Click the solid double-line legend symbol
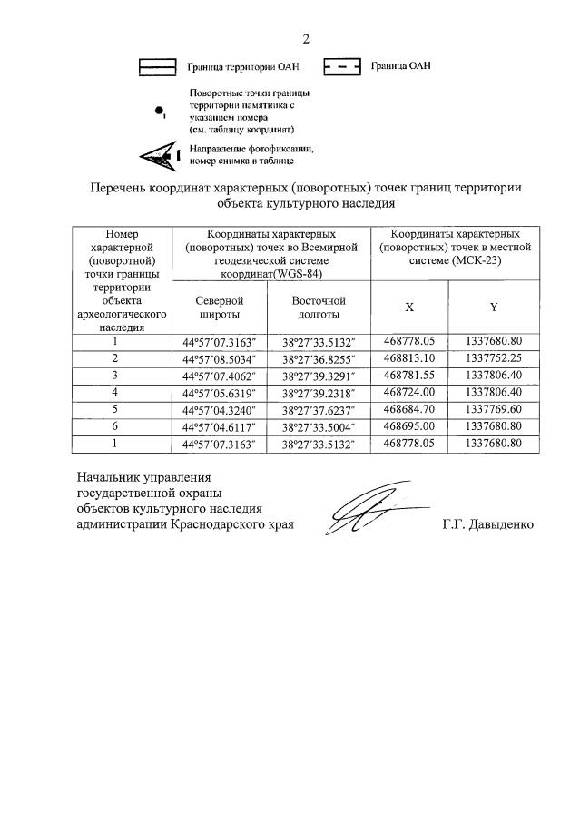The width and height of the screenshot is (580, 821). click(156, 66)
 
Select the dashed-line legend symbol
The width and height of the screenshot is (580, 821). click(342, 66)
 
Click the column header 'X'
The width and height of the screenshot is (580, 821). click(409, 308)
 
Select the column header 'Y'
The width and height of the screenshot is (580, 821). click(493, 308)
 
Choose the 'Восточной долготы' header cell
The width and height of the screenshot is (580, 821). click(316, 308)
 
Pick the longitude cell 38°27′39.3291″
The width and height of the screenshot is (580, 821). click(316, 376)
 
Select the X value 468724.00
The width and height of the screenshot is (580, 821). click(409, 393)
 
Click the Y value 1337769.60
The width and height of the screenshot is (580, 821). click(493, 410)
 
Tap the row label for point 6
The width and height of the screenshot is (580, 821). click(115, 426)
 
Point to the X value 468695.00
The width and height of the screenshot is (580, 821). click(409, 426)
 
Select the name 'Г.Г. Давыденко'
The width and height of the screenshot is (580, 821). click(488, 525)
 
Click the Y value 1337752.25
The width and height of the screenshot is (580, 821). click(493, 358)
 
